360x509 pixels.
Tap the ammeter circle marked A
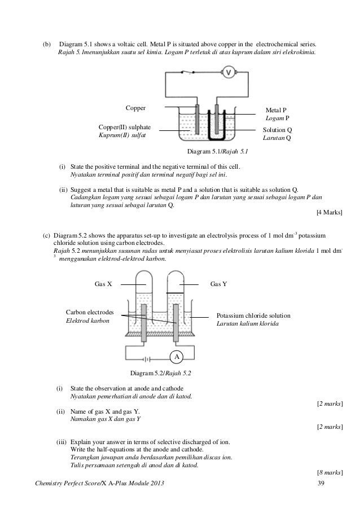[177, 357]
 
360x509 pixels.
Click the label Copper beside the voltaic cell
[135, 108]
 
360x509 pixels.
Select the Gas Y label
[218, 284]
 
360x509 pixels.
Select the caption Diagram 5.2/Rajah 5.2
[161, 373]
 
